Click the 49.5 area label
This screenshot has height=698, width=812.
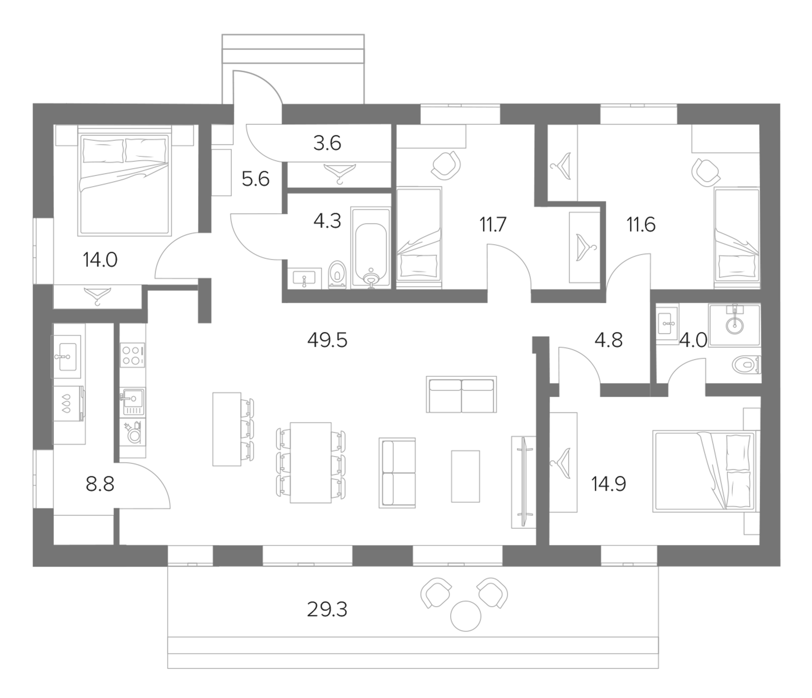tap(327, 340)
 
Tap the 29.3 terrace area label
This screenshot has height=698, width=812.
tap(327, 610)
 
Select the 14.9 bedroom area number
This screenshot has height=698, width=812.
tap(608, 484)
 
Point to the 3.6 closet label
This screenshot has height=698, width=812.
tap(327, 143)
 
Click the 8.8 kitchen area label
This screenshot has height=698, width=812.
tap(100, 484)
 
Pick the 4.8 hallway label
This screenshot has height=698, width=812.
tap(608, 340)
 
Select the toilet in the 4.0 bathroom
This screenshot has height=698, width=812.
tap(745, 365)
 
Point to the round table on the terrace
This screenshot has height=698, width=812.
tap(466, 616)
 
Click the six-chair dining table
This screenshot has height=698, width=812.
tap(311, 463)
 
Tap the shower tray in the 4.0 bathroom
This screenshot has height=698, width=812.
tap(734, 325)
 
